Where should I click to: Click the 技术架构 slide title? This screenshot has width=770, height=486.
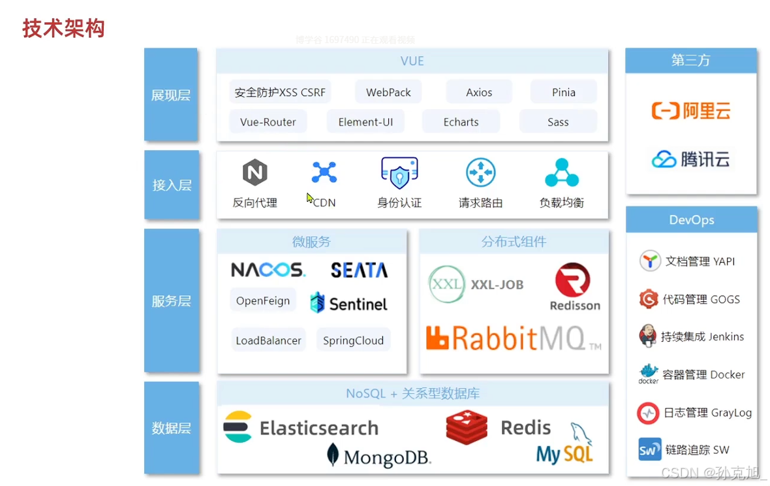[x=63, y=28]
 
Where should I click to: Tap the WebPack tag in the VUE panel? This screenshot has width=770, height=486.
[x=388, y=92]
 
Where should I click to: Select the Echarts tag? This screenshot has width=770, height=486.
[x=461, y=121]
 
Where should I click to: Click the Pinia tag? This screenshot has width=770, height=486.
[x=563, y=92]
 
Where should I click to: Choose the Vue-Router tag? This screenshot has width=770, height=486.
[x=268, y=121]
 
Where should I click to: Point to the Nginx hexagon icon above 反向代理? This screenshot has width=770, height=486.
[x=254, y=173]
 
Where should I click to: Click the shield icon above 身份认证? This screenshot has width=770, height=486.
[x=399, y=173]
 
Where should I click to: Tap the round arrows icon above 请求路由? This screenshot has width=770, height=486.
[x=480, y=173]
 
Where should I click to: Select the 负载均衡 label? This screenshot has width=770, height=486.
[x=561, y=202]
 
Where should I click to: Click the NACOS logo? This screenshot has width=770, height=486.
[x=268, y=270]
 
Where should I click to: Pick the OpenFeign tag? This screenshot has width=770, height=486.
[x=263, y=300]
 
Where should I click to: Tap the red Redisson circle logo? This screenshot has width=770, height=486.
[x=572, y=280]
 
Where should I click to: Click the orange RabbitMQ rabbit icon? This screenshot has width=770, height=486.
[x=437, y=338]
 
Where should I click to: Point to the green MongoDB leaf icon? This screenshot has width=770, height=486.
[x=333, y=455]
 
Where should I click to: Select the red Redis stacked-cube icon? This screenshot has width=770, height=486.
[x=467, y=428]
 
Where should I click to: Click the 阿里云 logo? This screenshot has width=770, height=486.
[x=691, y=110]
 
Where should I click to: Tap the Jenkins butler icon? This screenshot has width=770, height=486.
[x=647, y=336]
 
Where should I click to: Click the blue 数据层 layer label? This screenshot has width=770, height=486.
[x=171, y=428]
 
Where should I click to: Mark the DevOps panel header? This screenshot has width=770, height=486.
[x=691, y=220]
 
